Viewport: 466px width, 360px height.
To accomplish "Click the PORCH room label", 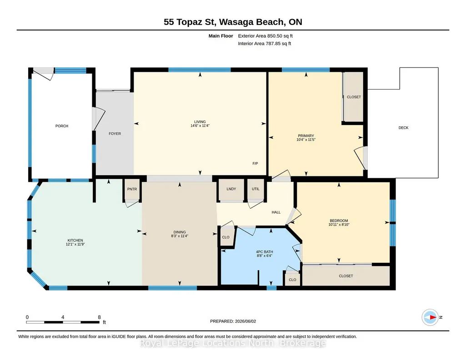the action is pos(62,126).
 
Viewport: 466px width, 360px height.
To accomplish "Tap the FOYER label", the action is pos(115,134).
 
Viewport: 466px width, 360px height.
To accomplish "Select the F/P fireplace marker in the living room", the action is pos(255,163).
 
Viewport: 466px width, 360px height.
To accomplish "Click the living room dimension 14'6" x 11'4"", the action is pos(200,125).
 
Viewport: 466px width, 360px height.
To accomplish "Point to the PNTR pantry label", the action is pos(132,189).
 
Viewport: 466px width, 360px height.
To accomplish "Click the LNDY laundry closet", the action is pos(231,189).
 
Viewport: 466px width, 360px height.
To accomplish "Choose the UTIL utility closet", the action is pos(256,189).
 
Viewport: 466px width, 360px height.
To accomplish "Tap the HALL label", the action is pos(276,212).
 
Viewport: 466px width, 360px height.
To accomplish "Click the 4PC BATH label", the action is pos(265,252).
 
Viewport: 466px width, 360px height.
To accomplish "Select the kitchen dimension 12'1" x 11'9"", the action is pos(75,244).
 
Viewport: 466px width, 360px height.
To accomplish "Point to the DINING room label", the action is pos(180,232).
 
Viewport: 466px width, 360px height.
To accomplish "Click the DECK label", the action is pos(403,128).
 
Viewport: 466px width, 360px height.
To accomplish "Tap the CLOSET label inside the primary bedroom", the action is pos(354,97).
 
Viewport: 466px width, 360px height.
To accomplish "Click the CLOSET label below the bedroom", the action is pos(346,276).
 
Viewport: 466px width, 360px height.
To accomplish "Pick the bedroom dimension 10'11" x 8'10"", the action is pos(339,225).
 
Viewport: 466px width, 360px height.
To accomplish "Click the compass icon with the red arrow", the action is pos(430,317).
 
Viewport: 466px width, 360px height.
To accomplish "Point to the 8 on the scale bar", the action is pos(99,317).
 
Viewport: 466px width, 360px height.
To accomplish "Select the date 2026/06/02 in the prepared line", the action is pos(246,321).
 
